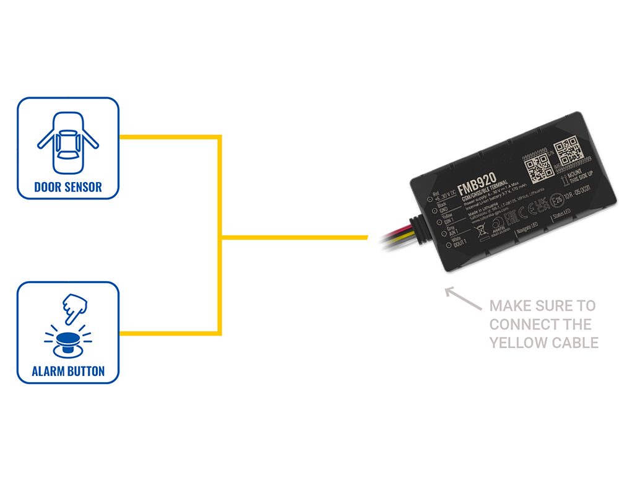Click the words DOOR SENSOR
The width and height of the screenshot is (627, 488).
[x=68, y=186]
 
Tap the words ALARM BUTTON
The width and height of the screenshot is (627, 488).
[x=68, y=372]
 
